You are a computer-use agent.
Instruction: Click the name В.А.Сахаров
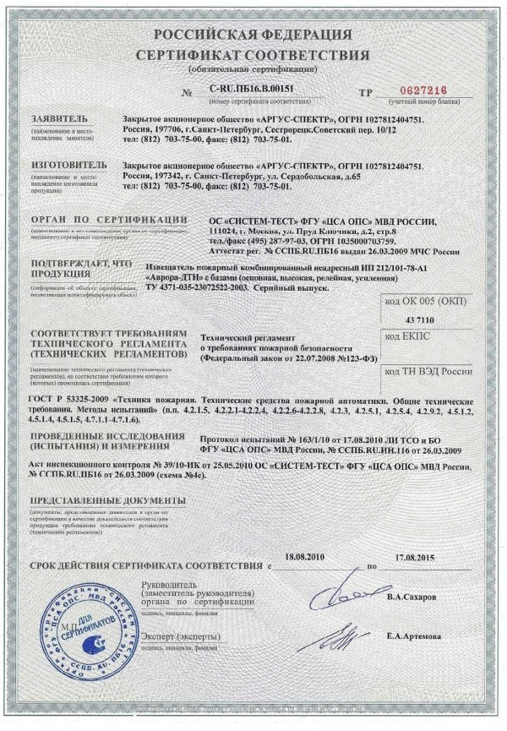coord(412,597)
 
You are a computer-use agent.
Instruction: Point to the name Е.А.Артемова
coord(414,636)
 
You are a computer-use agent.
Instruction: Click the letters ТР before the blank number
coord(365,91)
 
